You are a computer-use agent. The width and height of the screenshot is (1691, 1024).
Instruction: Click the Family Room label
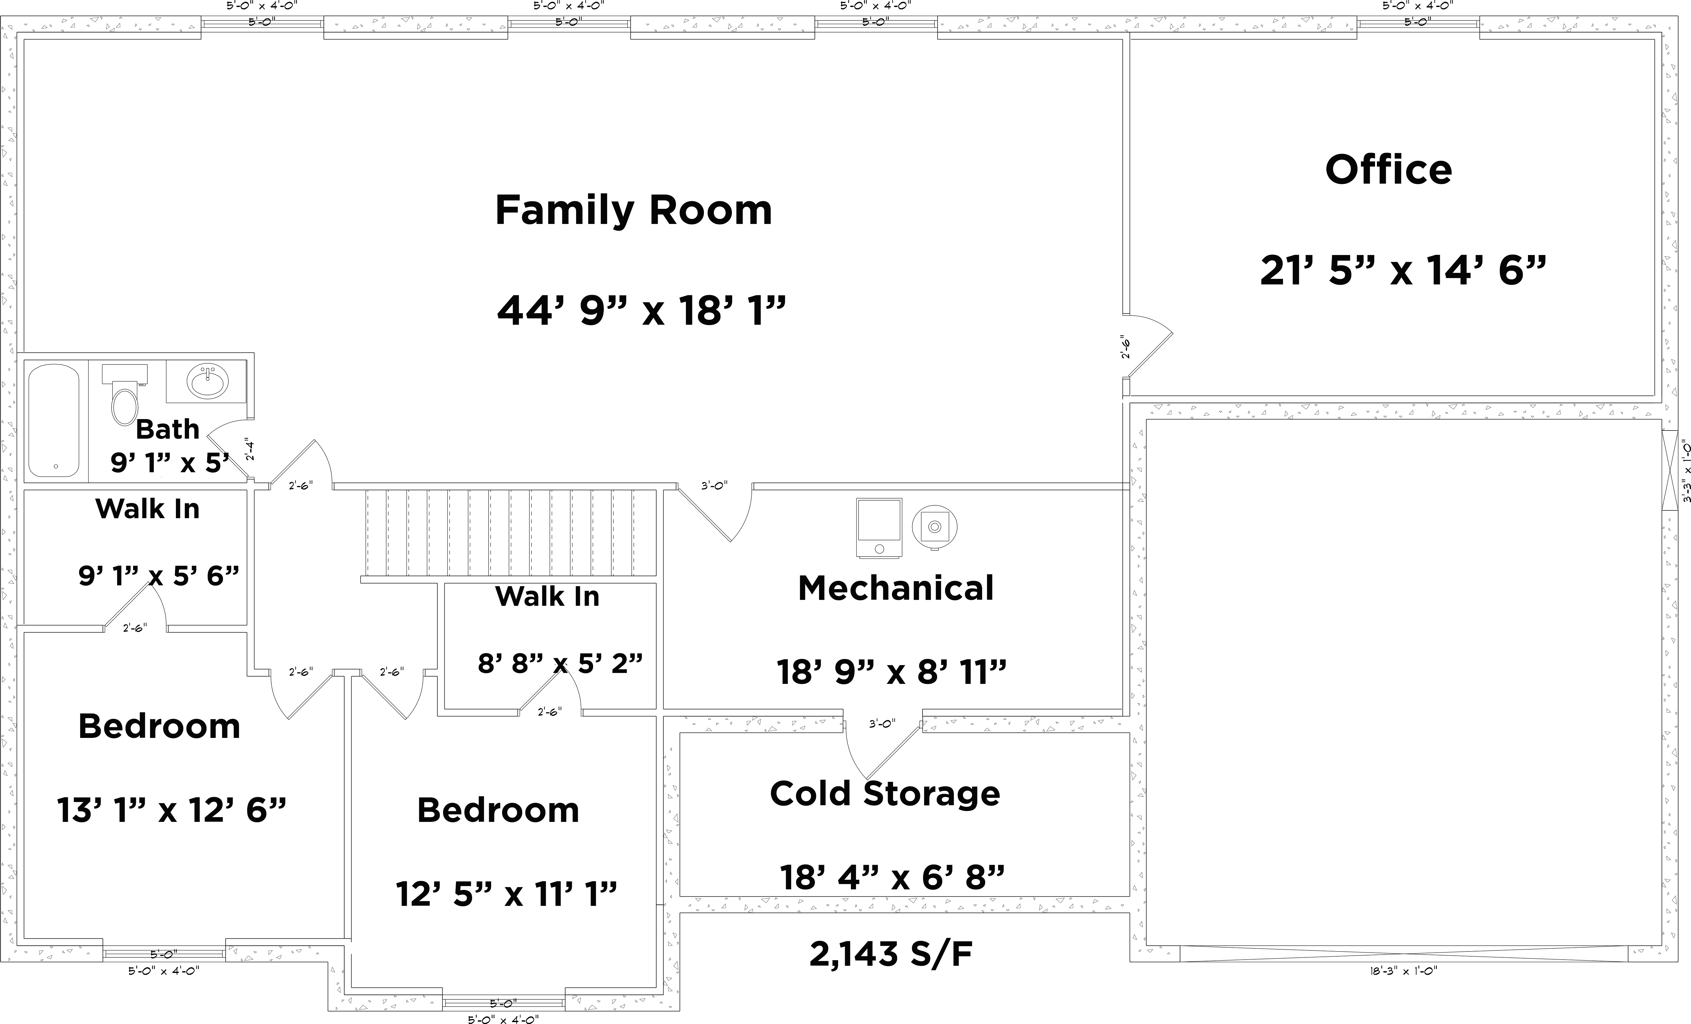[633, 210]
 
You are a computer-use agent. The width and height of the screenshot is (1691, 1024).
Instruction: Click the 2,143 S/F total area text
[891, 954]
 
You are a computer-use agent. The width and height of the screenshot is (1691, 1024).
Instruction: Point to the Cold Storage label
[885, 794]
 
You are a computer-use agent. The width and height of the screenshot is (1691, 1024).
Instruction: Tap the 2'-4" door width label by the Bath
[251, 449]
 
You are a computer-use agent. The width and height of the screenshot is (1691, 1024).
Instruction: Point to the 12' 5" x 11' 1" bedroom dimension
[506, 894]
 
